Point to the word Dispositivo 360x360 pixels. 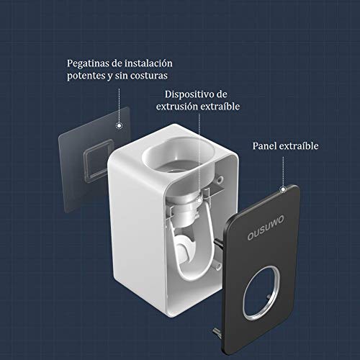(191, 94)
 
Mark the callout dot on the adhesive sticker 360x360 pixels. (118, 124)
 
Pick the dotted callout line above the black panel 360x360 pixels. (284, 173)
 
